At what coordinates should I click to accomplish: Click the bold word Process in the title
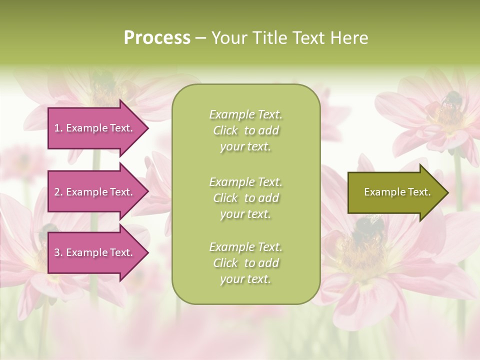(157, 38)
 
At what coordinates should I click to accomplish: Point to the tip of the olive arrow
(447, 192)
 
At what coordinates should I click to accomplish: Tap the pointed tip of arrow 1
(147, 128)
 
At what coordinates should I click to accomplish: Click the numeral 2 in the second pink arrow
(57, 192)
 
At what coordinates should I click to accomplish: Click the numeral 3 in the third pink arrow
(57, 252)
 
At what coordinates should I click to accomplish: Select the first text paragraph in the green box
(245, 130)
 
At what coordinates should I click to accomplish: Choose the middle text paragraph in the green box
(245, 198)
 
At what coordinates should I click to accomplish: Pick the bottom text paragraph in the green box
(245, 263)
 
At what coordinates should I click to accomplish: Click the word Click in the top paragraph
(225, 130)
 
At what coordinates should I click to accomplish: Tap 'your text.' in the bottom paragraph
(245, 279)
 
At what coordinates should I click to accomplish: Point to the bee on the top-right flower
(451, 99)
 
